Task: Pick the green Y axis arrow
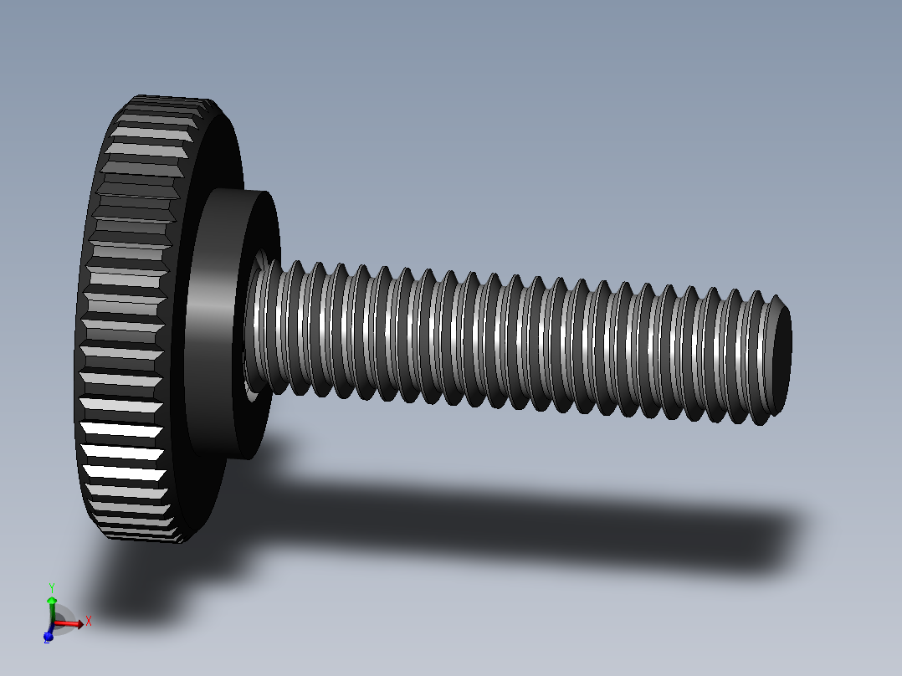[52, 607]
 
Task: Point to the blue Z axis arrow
[49, 636]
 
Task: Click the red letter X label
[89, 621]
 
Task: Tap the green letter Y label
[52, 587]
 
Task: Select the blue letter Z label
[45, 640]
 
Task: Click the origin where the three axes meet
[53, 624]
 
